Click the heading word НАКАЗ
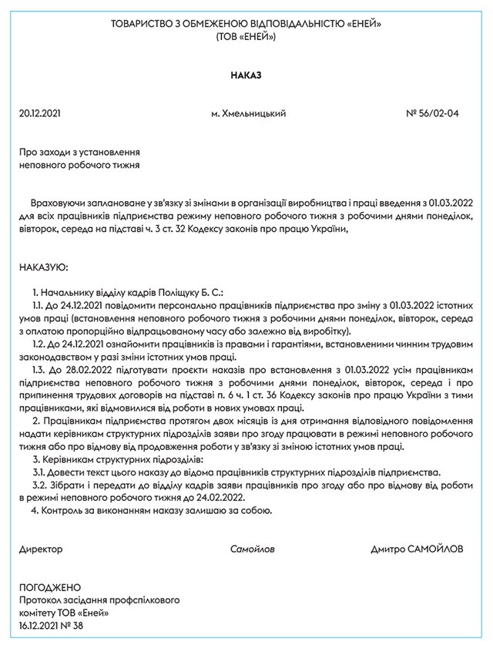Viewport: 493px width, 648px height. coord(246,76)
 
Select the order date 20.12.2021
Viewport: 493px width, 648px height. coord(39,114)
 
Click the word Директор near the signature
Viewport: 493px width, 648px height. coord(41,549)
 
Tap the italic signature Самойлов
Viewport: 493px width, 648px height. coord(252,549)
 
